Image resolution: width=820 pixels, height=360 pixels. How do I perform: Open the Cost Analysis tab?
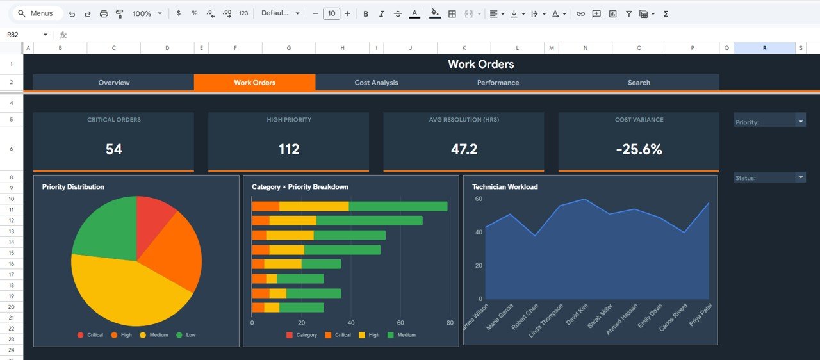pyautogui.click(x=376, y=83)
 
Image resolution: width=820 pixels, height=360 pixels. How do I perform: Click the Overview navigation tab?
pyautogui.click(x=114, y=83)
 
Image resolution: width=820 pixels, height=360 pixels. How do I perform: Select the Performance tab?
pyautogui.click(x=498, y=83)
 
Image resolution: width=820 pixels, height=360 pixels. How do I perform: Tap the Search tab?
pyautogui.click(x=639, y=83)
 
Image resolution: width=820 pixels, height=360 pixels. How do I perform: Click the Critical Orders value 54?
pyautogui.click(x=113, y=149)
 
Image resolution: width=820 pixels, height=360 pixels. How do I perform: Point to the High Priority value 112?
pyautogui.click(x=289, y=149)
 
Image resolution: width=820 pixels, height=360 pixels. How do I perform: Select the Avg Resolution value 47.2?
pyautogui.click(x=464, y=149)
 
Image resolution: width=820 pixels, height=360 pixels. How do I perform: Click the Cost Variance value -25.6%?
pyautogui.click(x=639, y=149)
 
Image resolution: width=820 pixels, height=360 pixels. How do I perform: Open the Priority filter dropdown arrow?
pyautogui.click(x=800, y=120)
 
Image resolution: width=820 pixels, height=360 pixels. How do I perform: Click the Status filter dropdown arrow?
pyautogui.click(x=800, y=177)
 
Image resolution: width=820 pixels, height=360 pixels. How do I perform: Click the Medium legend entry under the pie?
pyautogui.click(x=158, y=335)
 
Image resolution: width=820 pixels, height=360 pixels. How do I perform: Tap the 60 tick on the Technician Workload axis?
pyautogui.click(x=478, y=199)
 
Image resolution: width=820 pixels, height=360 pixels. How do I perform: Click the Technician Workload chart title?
pyautogui.click(x=505, y=187)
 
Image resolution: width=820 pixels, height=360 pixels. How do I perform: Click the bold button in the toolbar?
pyautogui.click(x=366, y=13)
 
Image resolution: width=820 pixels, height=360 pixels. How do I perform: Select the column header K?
pyautogui.click(x=463, y=48)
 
